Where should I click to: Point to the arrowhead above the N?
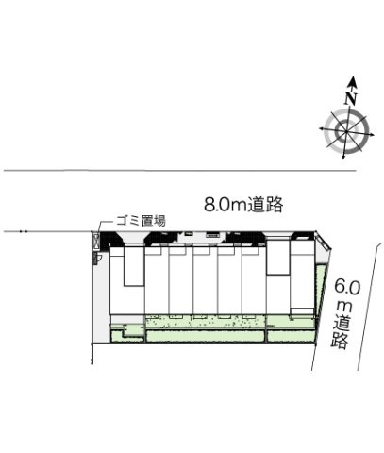[x=351, y=83]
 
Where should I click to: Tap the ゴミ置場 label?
[x=141, y=220]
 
